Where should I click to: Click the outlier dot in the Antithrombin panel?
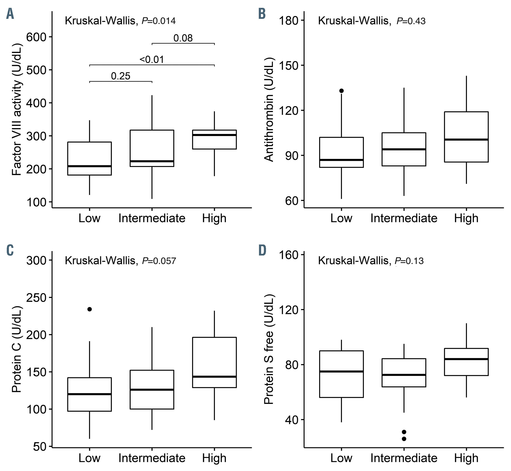click(341, 91)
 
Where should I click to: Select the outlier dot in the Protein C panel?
click(90, 309)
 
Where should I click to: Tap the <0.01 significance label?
click(152, 60)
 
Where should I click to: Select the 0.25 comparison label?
click(121, 76)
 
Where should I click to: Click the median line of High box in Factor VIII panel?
click(214, 135)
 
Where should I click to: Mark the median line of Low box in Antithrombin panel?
click(341, 160)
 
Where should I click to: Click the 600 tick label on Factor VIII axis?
click(36, 37)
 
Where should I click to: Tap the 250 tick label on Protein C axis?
click(36, 297)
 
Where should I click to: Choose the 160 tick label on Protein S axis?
click(288, 255)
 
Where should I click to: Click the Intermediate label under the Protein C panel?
click(152, 458)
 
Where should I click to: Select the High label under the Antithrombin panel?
click(466, 218)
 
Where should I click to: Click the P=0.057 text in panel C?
click(159, 261)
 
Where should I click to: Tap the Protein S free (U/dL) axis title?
click(269, 349)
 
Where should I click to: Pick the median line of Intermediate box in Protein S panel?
click(404, 375)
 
